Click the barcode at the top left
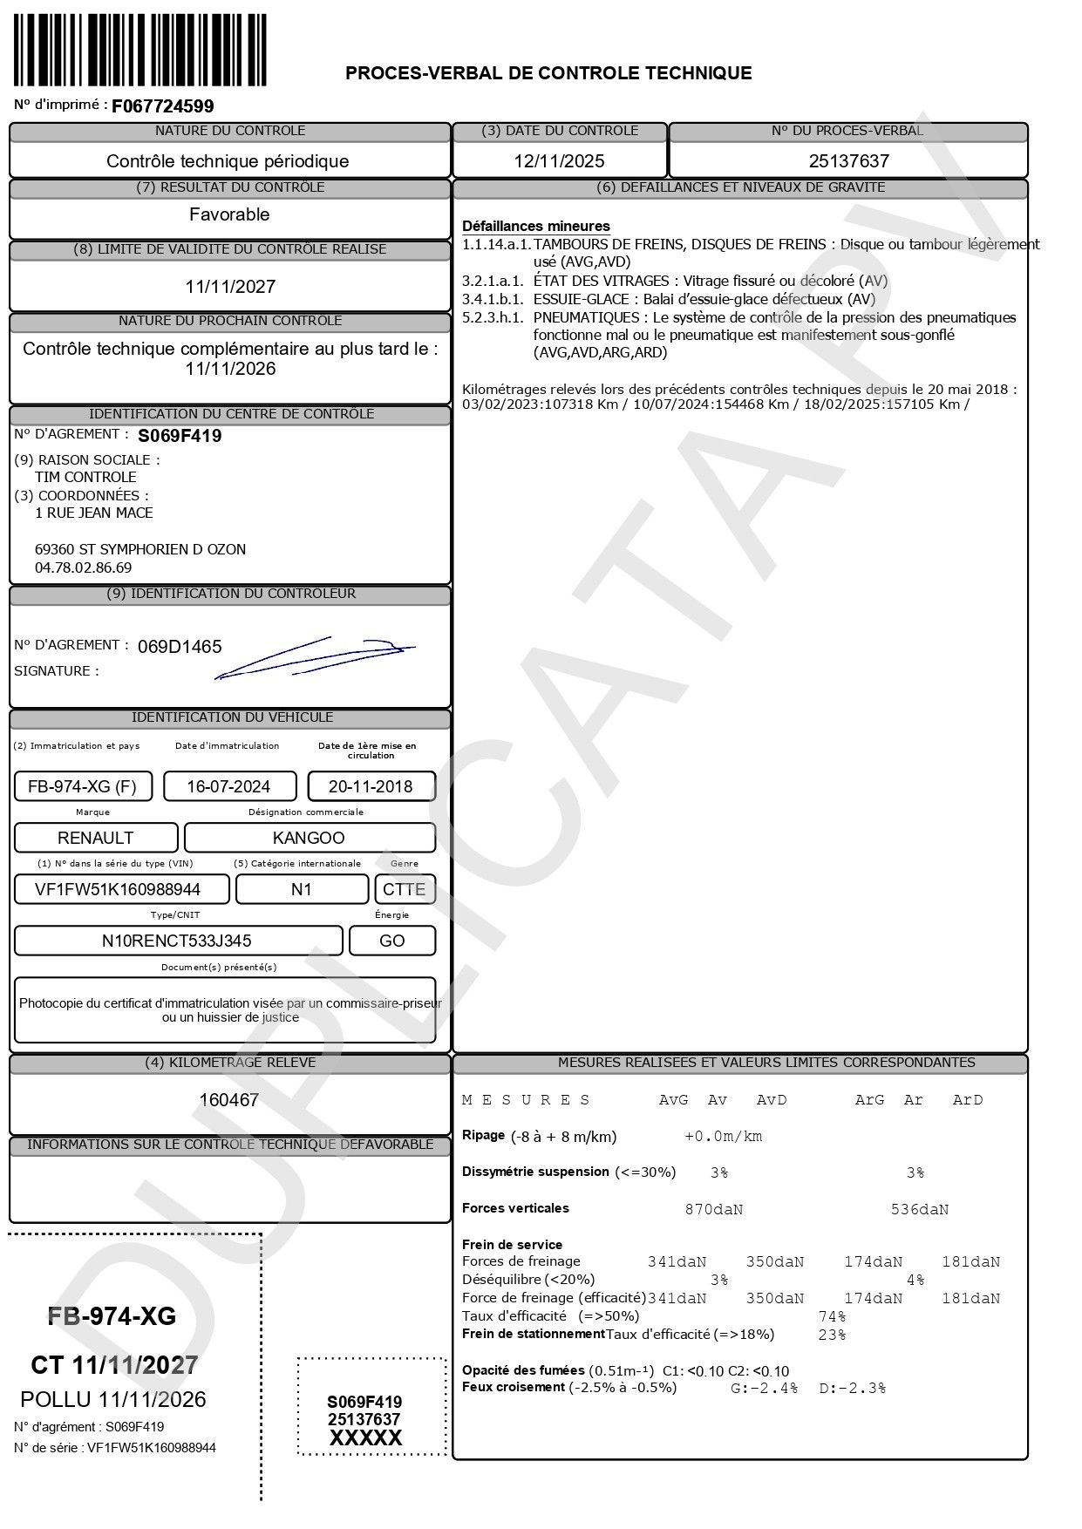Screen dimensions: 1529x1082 tap(140, 49)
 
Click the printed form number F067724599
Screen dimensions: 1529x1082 tap(162, 106)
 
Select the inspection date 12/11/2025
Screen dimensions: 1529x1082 tap(559, 161)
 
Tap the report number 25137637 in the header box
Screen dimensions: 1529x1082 tap(848, 161)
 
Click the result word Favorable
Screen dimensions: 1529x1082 tap(229, 214)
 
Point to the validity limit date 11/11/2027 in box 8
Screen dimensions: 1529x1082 tap(230, 287)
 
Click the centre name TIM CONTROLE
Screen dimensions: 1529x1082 tap(85, 477)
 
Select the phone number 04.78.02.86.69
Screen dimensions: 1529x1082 tap(84, 567)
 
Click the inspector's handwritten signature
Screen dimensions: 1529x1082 tap(314, 657)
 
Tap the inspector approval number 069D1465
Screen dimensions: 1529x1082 tap(180, 647)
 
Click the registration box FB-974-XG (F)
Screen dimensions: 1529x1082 tap(83, 786)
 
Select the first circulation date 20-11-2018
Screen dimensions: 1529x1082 tap(371, 786)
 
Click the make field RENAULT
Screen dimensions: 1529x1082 tap(95, 838)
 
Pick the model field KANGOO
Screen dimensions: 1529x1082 tap(309, 838)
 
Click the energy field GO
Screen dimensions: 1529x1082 tap(391, 941)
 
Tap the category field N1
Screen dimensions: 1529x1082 tap(302, 889)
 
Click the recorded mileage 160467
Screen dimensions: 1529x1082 tap(229, 1100)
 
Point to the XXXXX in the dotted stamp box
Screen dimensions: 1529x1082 tap(365, 1438)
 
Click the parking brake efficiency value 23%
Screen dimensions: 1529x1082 tap(832, 1335)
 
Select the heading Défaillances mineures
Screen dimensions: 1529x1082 tap(536, 227)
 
